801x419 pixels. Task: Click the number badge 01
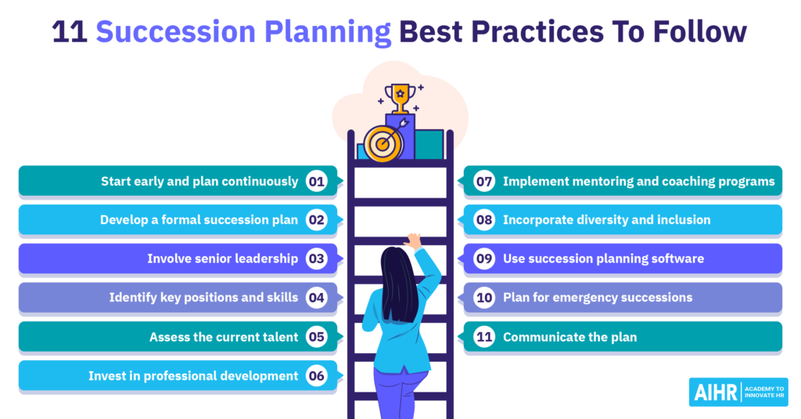pos(316,182)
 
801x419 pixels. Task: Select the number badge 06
pos(316,376)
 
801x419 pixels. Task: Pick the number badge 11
pos(483,337)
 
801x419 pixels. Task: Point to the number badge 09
pos(483,259)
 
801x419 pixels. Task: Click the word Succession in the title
pos(176,32)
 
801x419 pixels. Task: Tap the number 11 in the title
pos(70,32)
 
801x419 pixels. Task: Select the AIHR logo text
pos(716,392)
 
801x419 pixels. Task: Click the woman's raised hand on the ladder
pos(413,240)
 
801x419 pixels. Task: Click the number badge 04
pos(316,298)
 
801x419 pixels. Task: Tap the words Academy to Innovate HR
pos(763,392)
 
